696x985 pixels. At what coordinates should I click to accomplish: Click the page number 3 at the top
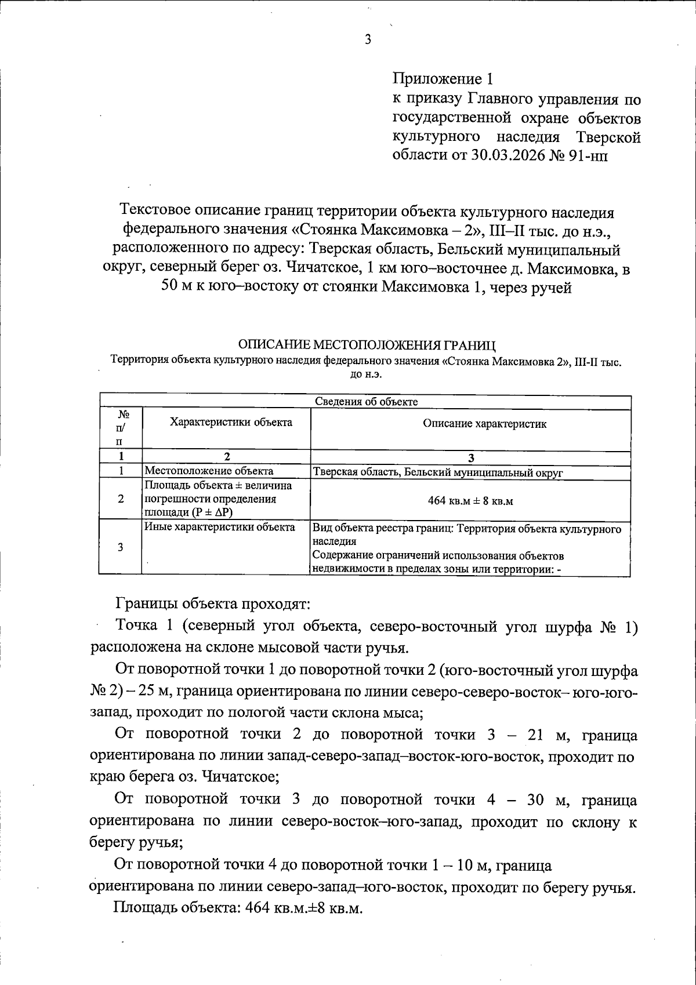pyautogui.click(x=367, y=39)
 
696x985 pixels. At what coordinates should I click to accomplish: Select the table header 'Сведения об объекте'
pyautogui.click(x=366, y=402)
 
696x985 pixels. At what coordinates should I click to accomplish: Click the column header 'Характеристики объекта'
pyautogui.click(x=231, y=422)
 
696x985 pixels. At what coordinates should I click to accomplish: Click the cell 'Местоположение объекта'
pyautogui.click(x=209, y=471)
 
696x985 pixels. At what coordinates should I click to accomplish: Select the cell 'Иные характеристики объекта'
pyautogui.click(x=219, y=527)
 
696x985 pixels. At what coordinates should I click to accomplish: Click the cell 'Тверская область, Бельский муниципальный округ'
pyautogui.click(x=438, y=472)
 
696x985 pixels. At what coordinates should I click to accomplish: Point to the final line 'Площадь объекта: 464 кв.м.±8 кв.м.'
pyautogui.click(x=238, y=907)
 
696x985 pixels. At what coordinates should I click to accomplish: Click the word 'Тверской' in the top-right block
pyautogui.click(x=608, y=137)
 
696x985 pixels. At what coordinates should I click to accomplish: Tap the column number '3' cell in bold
pyautogui.click(x=470, y=458)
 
